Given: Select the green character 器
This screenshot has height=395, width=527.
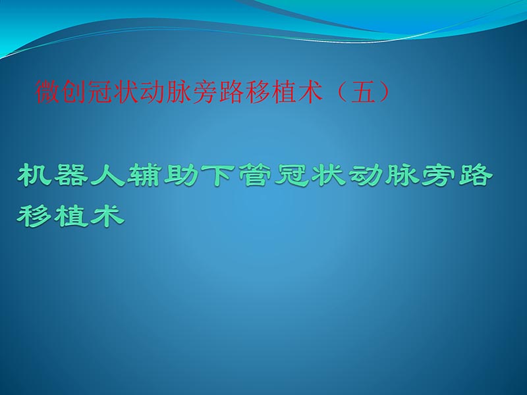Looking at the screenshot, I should click(x=72, y=176).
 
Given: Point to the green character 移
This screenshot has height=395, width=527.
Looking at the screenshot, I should click(x=34, y=215).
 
